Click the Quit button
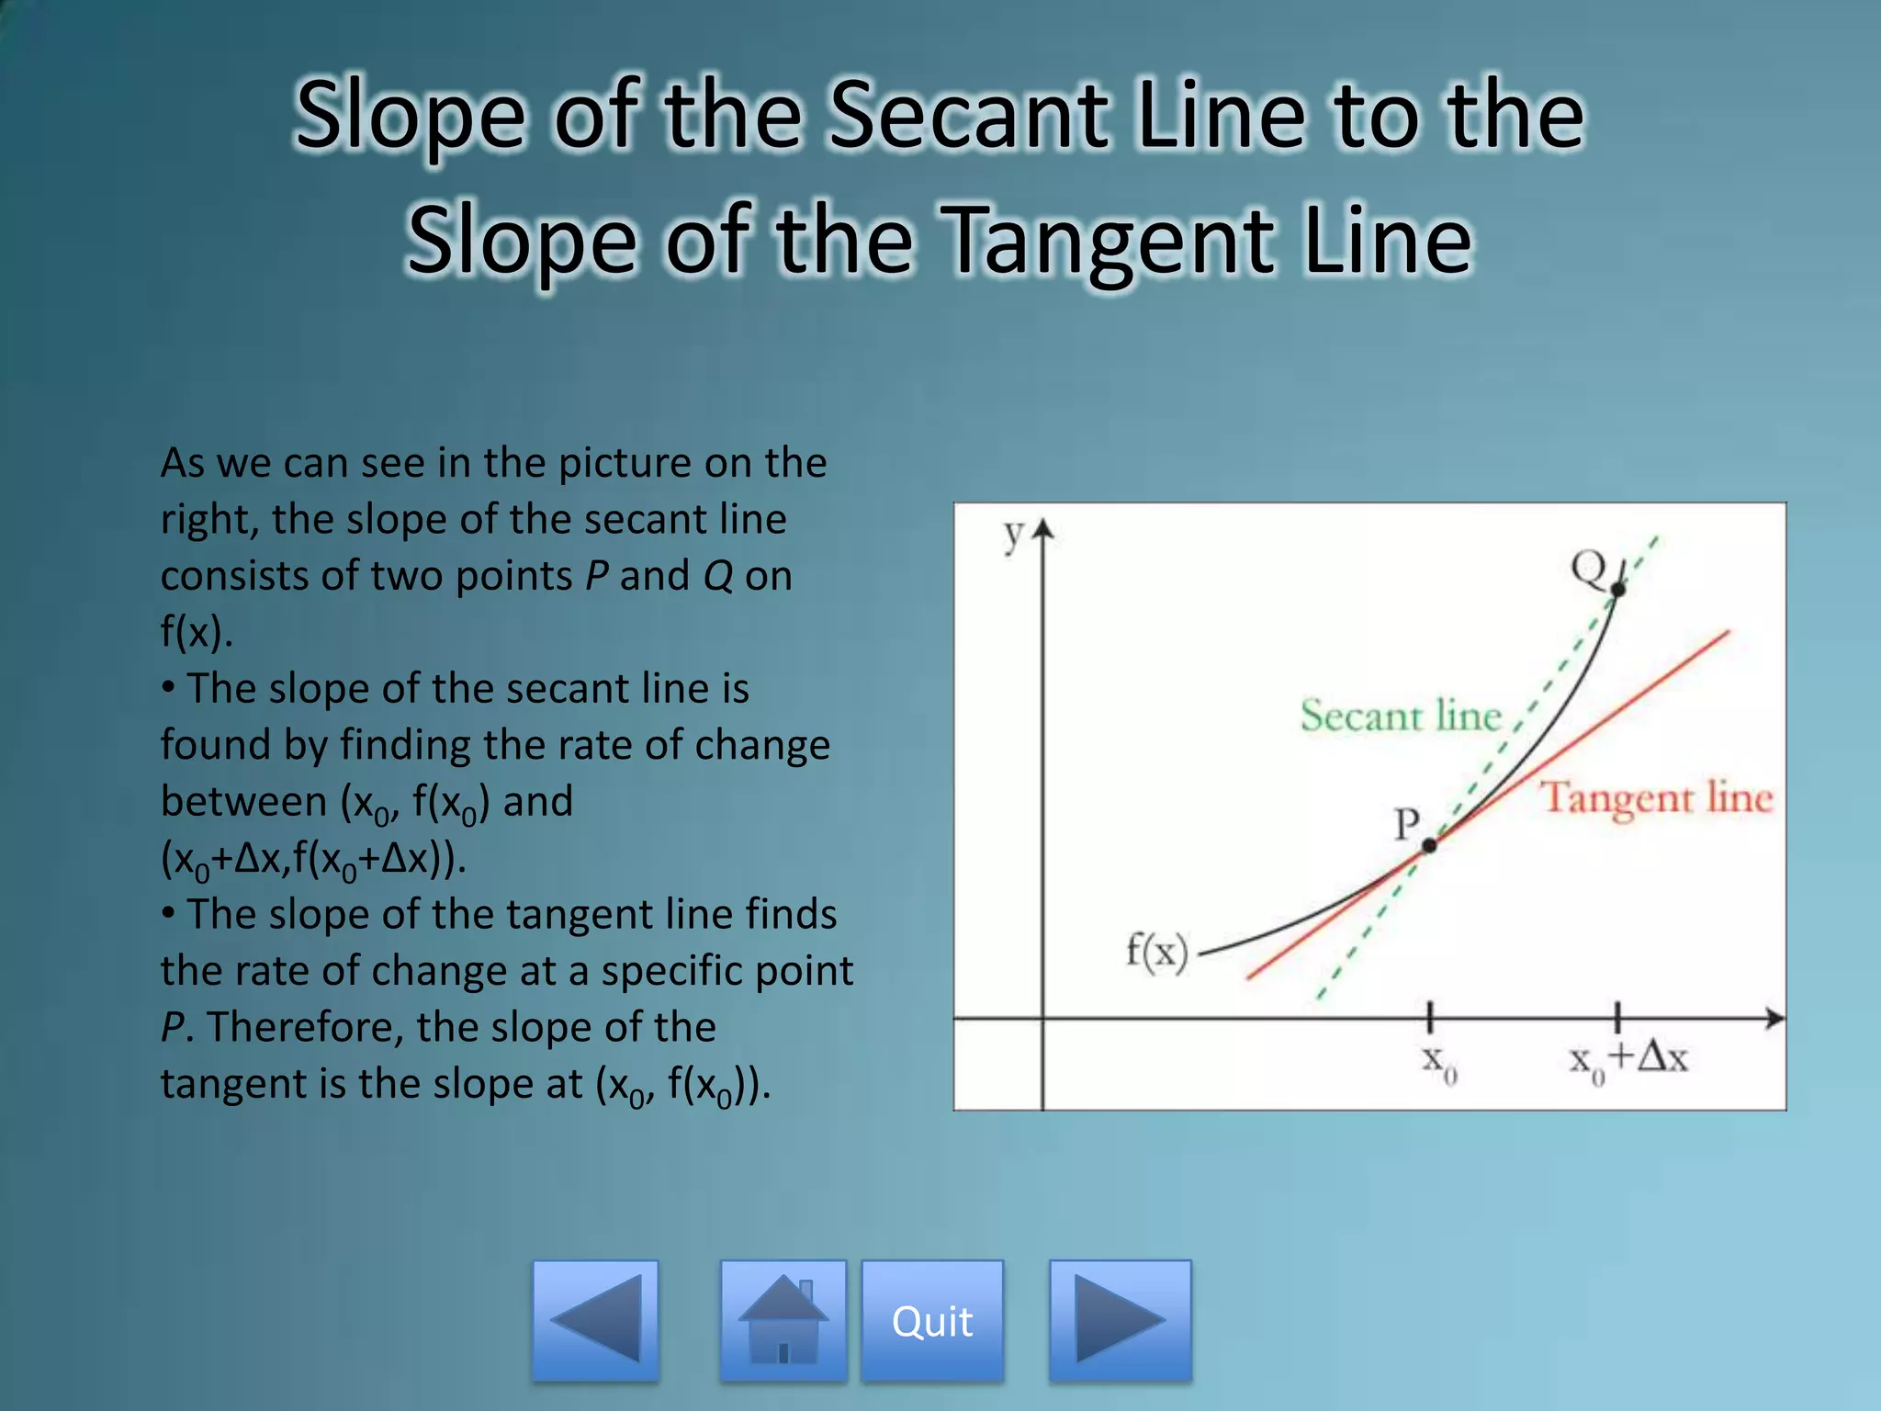click(x=931, y=1321)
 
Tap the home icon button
click(x=783, y=1321)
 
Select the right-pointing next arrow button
click(x=1120, y=1321)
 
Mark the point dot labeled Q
click(x=1617, y=589)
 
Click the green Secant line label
click(x=1400, y=716)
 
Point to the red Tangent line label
click(x=1656, y=797)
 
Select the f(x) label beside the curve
click(x=1156, y=951)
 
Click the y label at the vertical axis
click(x=1012, y=533)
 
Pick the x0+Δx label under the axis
click(x=1628, y=1060)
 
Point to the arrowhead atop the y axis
click(x=1042, y=530)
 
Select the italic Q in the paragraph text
click(x=717, y=577)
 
